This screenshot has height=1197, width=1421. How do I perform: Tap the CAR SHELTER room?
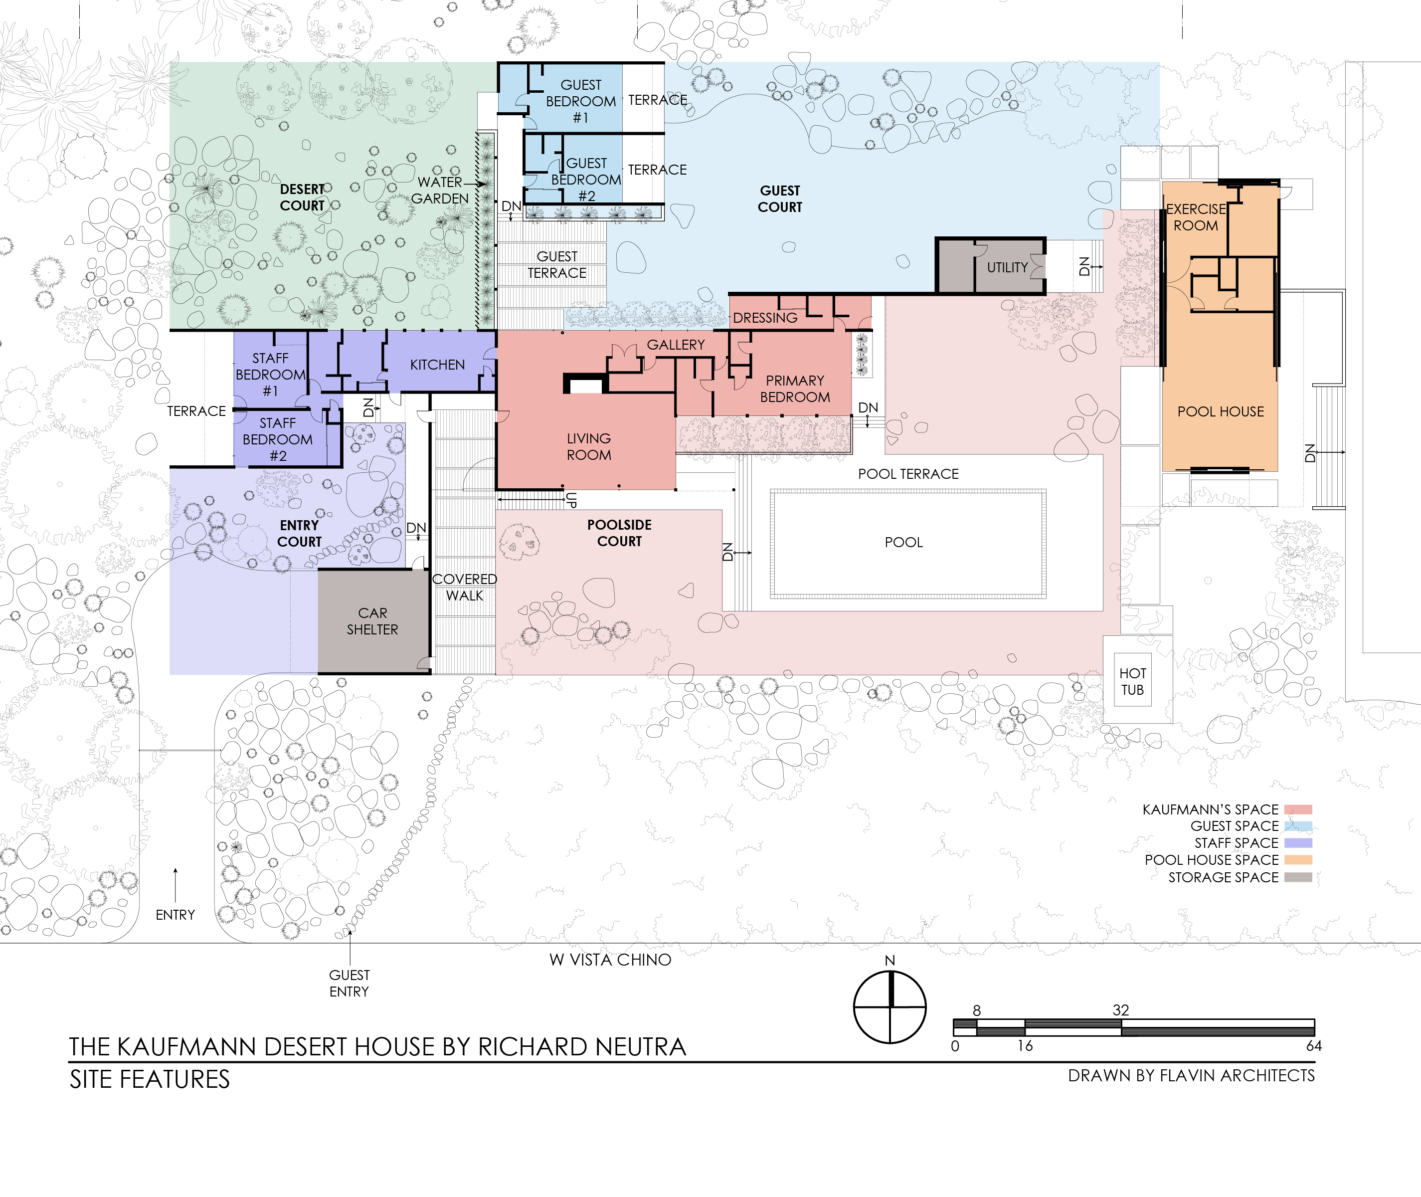(373, 621)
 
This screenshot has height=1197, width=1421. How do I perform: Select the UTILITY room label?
(1007, 267)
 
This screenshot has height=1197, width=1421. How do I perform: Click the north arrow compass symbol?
(890, 1007)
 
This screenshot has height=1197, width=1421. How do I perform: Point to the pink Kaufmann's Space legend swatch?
(1298, 809)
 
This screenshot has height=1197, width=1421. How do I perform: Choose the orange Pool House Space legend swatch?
(1298, 860)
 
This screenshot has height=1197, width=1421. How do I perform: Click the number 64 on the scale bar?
(1314, 1046)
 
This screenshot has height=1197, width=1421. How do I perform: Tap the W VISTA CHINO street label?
(610, 960)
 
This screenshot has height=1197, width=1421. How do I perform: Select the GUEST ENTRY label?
(350, 983)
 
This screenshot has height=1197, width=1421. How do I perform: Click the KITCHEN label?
(437, 365)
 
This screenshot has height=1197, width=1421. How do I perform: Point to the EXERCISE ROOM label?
(1196, 217)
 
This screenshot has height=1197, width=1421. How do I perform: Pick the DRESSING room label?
(765, 318)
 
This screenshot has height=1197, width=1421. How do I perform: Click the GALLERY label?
(676, 345)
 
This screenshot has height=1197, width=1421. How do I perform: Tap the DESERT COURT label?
(303, 198)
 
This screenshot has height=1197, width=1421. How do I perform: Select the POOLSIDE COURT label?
(619, 533)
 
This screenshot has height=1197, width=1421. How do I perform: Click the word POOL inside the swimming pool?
(903, 542)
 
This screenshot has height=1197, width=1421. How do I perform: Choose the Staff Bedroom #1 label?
(271, 375)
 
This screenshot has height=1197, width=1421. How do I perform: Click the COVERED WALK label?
(465, 587)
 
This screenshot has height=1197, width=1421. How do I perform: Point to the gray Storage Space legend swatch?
(1298, 877)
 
